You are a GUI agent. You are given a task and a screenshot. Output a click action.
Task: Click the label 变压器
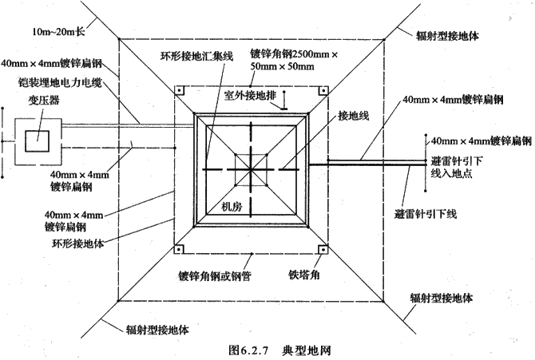44,101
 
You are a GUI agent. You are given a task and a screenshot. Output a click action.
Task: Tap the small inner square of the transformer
37,141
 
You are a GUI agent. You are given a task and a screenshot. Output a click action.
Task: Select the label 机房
232,207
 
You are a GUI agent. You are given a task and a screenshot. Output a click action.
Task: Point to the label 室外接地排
250,96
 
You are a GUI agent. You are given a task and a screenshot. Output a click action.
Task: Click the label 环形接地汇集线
196,56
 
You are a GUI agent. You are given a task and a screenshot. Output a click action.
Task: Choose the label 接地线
354,116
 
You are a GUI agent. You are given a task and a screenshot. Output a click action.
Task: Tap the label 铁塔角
304,275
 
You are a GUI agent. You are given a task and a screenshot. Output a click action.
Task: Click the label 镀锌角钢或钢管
215,275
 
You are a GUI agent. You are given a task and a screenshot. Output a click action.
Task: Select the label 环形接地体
77,243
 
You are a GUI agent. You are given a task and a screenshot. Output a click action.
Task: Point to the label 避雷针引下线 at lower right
425,214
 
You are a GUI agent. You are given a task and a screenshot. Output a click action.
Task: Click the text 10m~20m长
58,32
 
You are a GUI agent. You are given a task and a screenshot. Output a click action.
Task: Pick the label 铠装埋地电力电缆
60,82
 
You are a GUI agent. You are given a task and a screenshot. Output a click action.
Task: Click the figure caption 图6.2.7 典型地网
279,350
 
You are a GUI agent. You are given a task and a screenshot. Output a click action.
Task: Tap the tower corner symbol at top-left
180,91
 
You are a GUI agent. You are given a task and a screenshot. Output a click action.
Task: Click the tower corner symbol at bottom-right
323,249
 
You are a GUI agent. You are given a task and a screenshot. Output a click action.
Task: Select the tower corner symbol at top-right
323,91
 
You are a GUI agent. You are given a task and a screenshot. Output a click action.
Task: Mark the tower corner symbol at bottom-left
180,249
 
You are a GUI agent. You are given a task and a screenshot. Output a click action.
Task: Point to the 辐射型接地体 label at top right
447,36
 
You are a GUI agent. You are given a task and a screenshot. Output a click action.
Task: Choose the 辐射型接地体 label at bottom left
157,330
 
